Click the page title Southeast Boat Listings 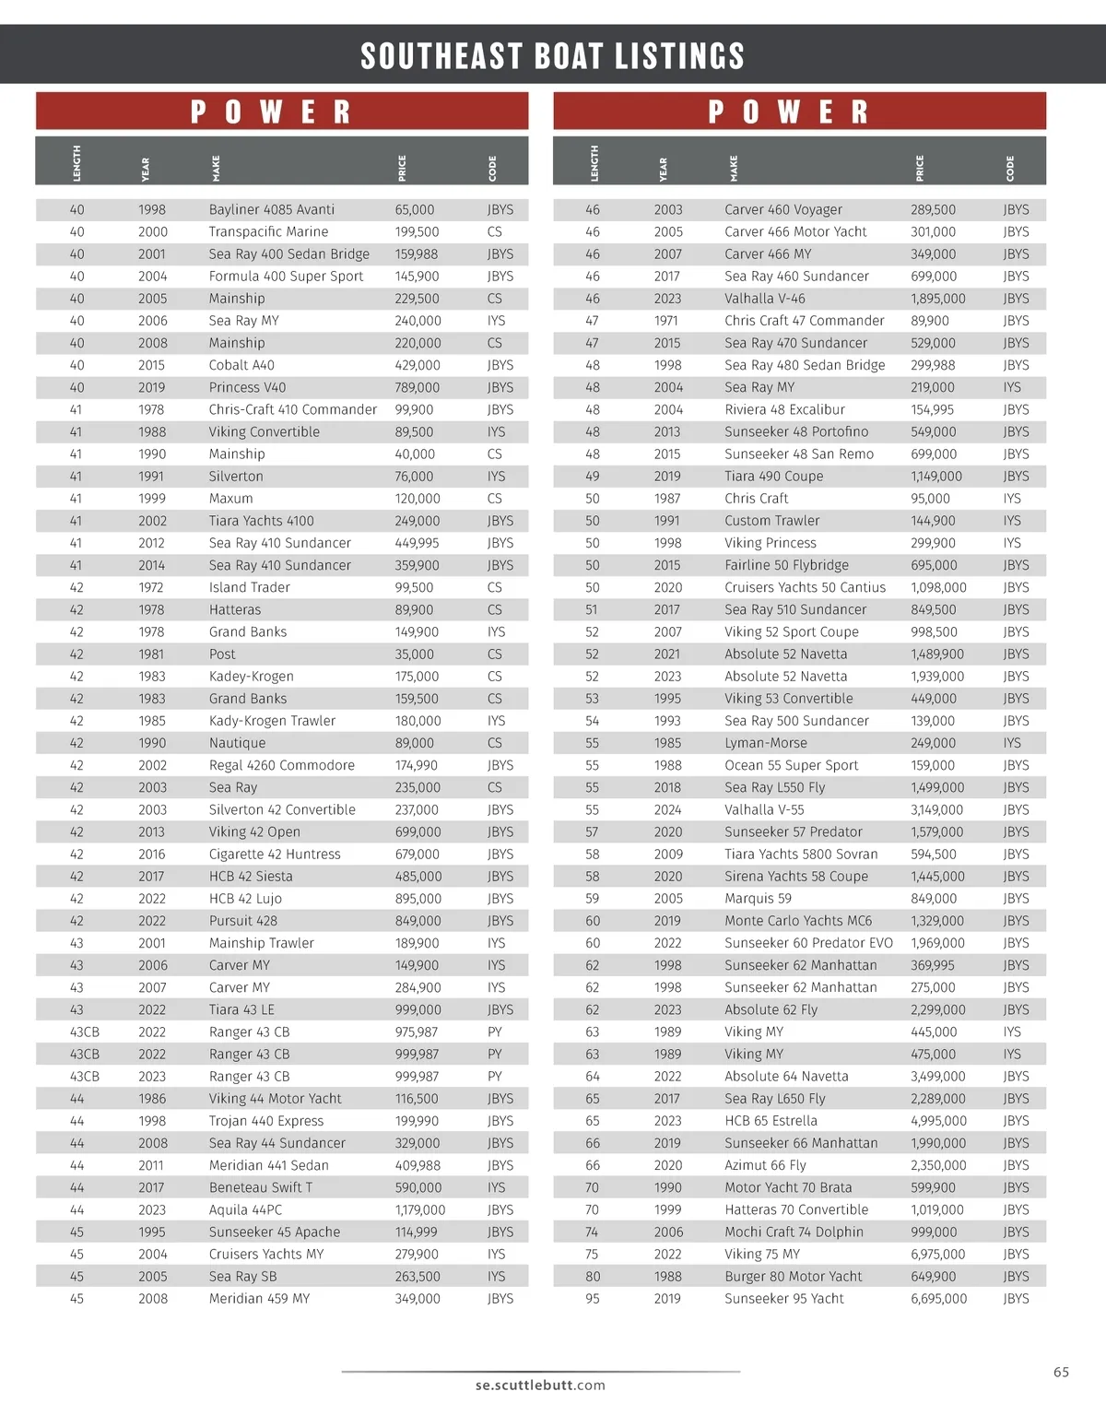coord(552,56)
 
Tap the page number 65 coord(1061,1372)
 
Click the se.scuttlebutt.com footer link coord(540,1385)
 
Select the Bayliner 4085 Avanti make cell coord(272,209)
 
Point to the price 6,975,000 coord(938,1254)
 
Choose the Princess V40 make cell coord(247,387)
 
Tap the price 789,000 coord(418,387)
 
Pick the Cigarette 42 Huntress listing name coord(275,854)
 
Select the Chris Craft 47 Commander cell coord(804,321)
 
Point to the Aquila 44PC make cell coord(245,1209)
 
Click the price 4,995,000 coord(938,1121)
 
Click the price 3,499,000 coord(938,1076)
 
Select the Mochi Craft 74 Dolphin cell coord(794,1232)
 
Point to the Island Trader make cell coord(249,587)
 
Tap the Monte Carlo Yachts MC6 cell coord(798,921)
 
